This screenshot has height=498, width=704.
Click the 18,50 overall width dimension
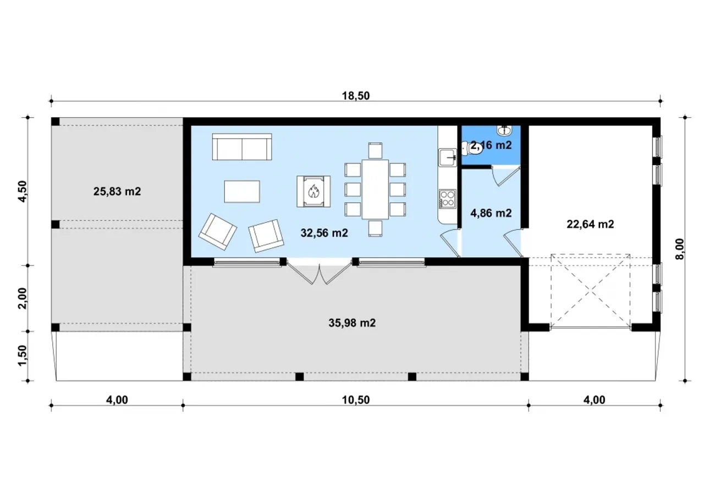point(356,96)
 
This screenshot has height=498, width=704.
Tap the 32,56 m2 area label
point(324,233)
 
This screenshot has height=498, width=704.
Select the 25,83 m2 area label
point(117,191)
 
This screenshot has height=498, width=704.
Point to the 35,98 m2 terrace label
point(352,323)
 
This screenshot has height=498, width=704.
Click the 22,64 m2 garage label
point(590,224)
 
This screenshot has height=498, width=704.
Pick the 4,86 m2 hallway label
point(491,213)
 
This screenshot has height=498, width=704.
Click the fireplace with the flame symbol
point(313,191)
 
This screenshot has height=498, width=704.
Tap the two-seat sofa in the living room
point(242,147)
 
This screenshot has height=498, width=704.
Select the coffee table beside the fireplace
point(242,191)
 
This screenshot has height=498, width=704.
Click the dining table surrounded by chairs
point(375,189)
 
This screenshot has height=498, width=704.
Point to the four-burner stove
point(447,199)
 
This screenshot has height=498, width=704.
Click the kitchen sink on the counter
point(448,158)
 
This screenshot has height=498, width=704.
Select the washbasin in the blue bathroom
point(504,130)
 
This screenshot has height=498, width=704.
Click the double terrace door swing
point(320,272)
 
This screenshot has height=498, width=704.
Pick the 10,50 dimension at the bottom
point(356,400)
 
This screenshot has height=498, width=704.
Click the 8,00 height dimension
point(680,249)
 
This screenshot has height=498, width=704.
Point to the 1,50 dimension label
point(23,356)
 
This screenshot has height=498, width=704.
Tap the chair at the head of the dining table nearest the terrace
point(375,228)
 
